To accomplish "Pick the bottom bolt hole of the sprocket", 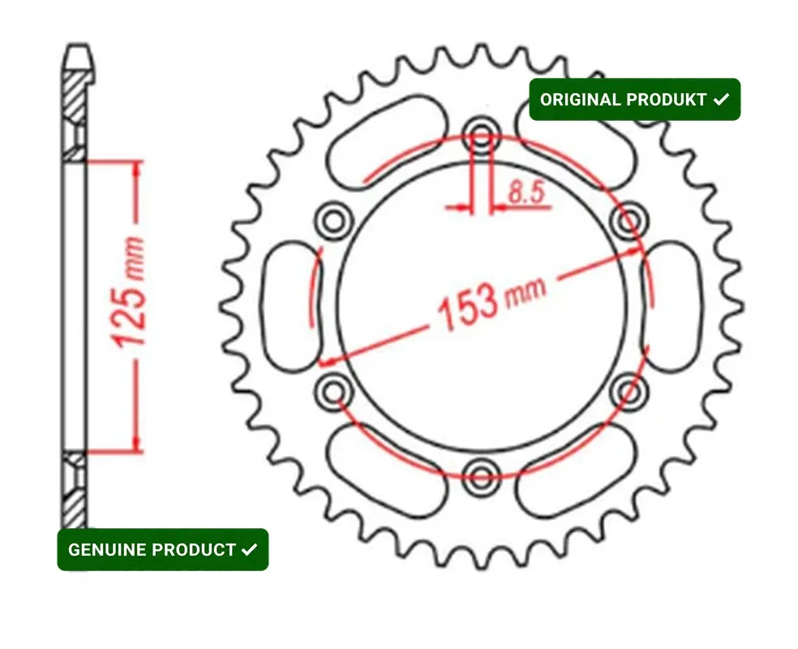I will click(483, 473).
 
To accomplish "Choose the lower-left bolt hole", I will click(333, 390).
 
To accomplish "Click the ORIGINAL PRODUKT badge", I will click(634, 100).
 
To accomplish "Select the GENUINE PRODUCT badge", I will click(162, 549).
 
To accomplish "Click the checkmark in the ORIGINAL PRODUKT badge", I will click(720, 100).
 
